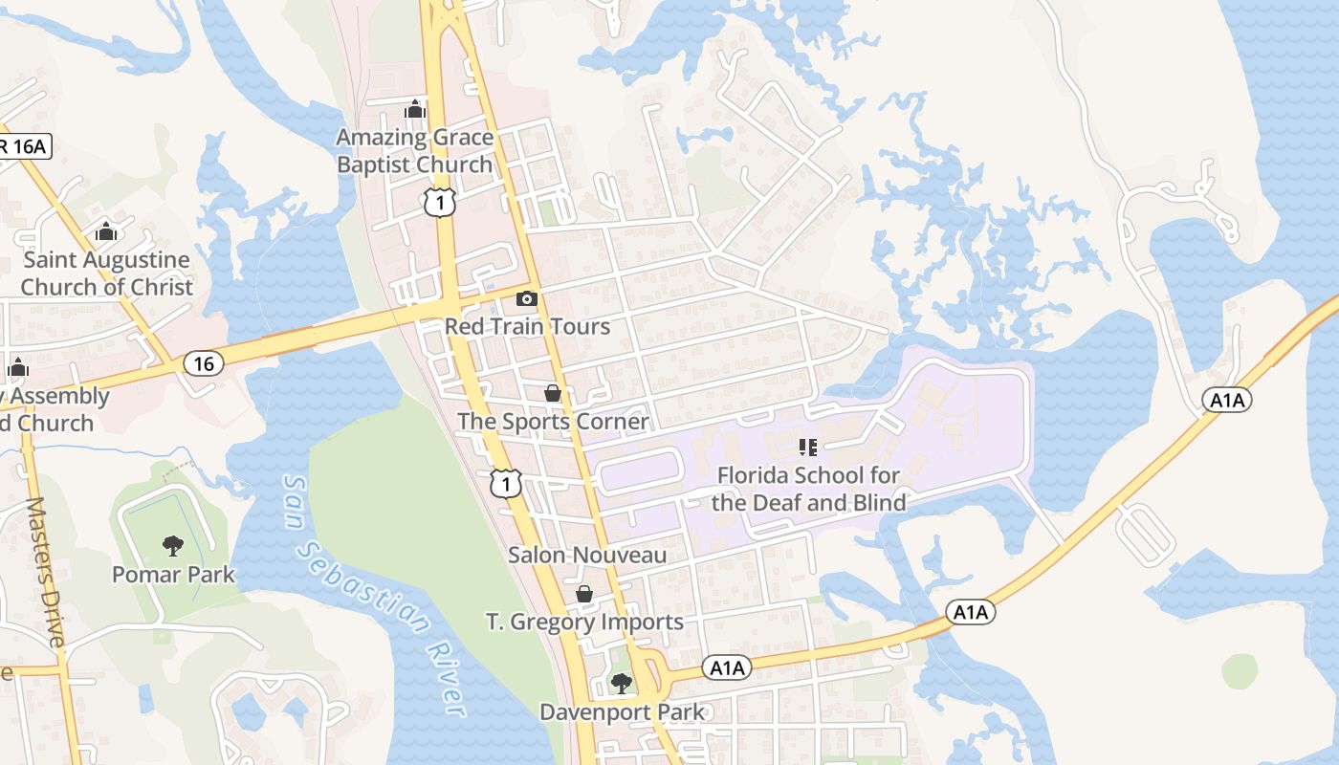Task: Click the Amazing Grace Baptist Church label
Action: point(415,151)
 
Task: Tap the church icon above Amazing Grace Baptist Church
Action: point(415,110)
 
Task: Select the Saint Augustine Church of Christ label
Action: point(106,273)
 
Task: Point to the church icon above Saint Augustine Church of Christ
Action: point(106,232)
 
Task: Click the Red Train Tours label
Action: point(527,327)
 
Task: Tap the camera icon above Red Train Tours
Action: point(527,299)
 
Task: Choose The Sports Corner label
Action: point(553,422)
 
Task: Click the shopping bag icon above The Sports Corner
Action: point(553,393)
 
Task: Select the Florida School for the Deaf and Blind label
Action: point(809,489)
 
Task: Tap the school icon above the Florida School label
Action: point(808,447)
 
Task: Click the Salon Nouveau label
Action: point(587,555)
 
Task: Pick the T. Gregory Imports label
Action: point(584,623)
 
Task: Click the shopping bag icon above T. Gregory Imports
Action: point(584,595)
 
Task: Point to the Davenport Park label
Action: point(622,712)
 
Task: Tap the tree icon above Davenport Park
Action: point(622,683)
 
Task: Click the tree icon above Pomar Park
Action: point(173,546)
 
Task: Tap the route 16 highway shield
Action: point(203,363)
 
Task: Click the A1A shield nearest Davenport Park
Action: point(726,668)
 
